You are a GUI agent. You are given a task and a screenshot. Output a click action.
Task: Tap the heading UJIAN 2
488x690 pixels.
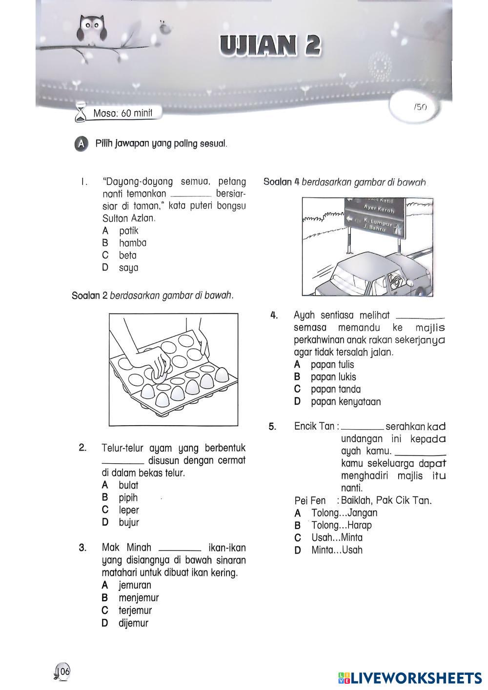click(x=270, y=45)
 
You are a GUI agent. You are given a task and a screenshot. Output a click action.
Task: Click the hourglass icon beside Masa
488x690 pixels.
click(x=80, y=114)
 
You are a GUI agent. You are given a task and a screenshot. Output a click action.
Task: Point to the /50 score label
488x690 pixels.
click(x=420, y=107)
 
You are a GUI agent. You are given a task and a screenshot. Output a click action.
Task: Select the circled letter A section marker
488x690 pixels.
click(x=82, y=144)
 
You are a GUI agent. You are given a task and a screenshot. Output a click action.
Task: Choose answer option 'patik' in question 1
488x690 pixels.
click(x=128, y=231)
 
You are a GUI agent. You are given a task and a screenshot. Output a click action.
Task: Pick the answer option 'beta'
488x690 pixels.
click(x=127, y=256)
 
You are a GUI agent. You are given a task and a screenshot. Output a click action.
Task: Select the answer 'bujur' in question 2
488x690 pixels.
click(x=129, y=523)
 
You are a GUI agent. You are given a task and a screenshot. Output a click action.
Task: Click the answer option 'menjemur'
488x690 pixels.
click(x=139, y=598)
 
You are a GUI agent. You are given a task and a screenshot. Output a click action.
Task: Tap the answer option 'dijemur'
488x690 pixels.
click(x=133, y=623)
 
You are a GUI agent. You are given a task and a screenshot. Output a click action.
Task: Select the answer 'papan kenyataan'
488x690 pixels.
click(x=346, y=402)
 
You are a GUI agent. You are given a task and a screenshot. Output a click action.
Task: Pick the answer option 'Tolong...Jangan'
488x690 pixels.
click(x=344, y=513)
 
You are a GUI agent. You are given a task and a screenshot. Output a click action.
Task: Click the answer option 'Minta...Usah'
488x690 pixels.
click(x=337, y=551)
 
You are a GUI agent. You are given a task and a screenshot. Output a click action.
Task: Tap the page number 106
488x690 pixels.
click(x=64, y=671)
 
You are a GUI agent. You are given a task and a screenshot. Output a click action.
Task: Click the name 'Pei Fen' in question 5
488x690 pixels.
click(x=310, y=501)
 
